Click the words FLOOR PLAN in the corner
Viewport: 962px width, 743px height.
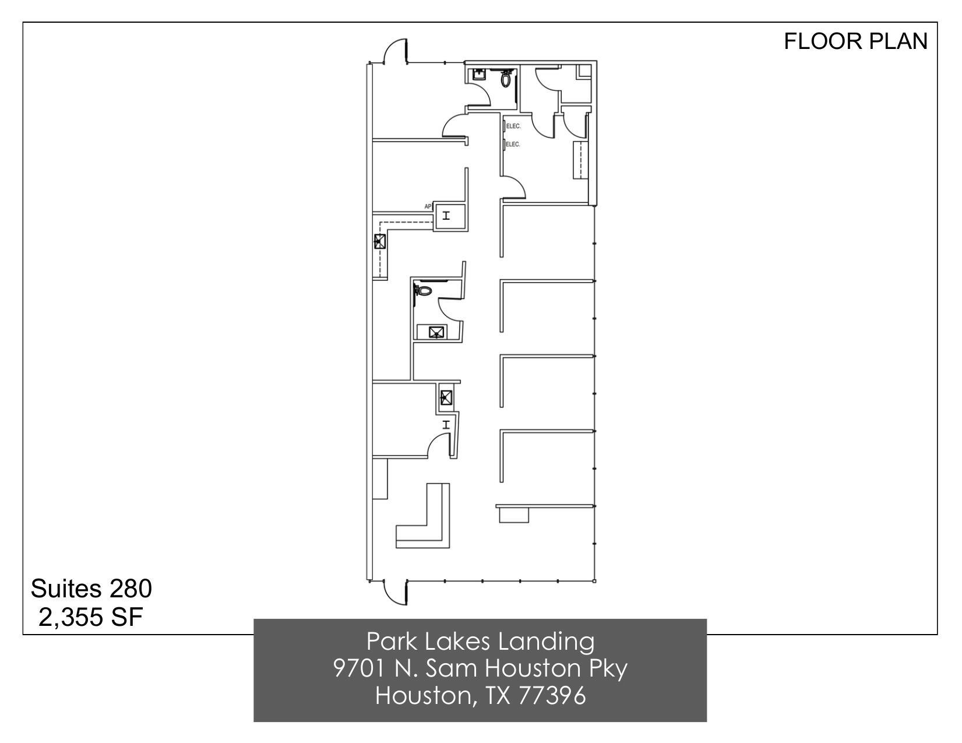click(x=855, y=41)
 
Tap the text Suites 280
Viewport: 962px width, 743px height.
click(x=91, y=589)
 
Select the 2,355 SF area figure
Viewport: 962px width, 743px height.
click(x=91, y=617)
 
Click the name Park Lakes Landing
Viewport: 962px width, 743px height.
click(x=480, y=642)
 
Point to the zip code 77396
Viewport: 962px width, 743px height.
click(x=551, y=695)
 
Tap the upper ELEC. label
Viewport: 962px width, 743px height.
click(x=513, y=126)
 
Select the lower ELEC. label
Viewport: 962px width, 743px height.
click(x=513, y=145)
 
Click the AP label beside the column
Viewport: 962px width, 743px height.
click(x=428, y=206)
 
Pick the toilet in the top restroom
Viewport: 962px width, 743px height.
click(x=506, y=79)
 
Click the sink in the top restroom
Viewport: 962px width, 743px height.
click(x=478, y=75)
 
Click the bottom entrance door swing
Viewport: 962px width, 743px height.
click(x=395, y=593)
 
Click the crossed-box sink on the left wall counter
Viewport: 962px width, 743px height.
click(x=380, y=241)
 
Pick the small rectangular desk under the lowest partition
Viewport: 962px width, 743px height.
click(x=514, y=515)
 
